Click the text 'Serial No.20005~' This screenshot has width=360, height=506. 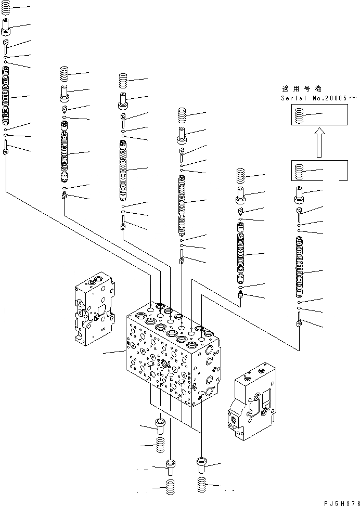pyautogui.click(x=319, y=98)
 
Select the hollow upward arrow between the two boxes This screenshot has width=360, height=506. pyautogui.click(x=319, y=143)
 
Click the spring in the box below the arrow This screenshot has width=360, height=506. pyautogui.click(x=299, y=171)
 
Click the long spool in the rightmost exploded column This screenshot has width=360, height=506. pyautogui.click(x=299, y=265)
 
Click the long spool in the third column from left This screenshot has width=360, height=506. pyautogui.click(x=123, y=169)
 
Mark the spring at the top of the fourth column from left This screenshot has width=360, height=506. pyautogui.click(x=182, y=115)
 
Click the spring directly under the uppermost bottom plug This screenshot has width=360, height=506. pyautogui.click(x=160, y=444)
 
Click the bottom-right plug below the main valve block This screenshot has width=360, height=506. pyautogui.click(x=202, y=464)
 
